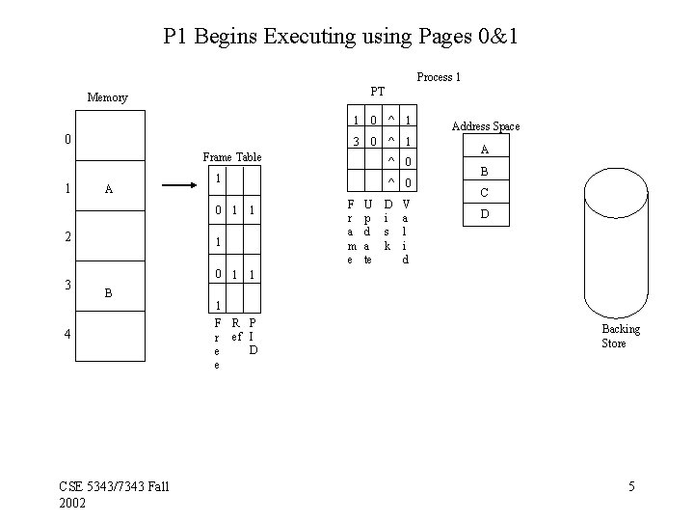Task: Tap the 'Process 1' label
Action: click(439, 76)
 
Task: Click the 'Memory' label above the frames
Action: click(107, 97)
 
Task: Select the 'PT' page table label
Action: click(377, 91)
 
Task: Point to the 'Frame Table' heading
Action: click(231, 156)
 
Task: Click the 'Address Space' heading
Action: click(486, 126)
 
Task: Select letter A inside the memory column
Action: click(108, 190)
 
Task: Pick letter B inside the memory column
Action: click(108, 291)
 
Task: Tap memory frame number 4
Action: click(67, 335)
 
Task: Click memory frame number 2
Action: click(67, 235)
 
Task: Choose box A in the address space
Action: click(485, 150)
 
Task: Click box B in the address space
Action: click(485, 171)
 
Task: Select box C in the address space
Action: click(485, 192)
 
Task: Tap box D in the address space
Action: click(485, 213)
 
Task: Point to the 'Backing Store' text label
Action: click(620, 336)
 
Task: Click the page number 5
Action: click(631, 486)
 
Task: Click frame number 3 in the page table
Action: click(356, 141)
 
